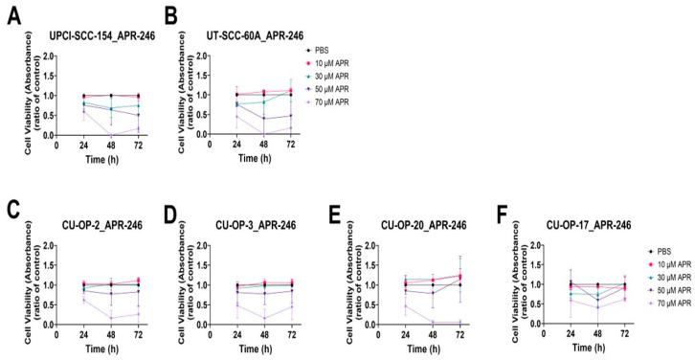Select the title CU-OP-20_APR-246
(441, 226)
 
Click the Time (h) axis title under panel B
(262, 157)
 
